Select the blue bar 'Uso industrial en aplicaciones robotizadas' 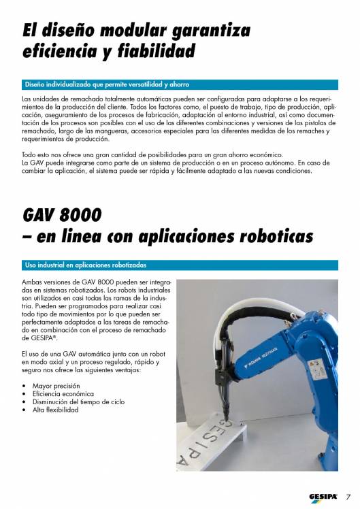click(85, 264)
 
